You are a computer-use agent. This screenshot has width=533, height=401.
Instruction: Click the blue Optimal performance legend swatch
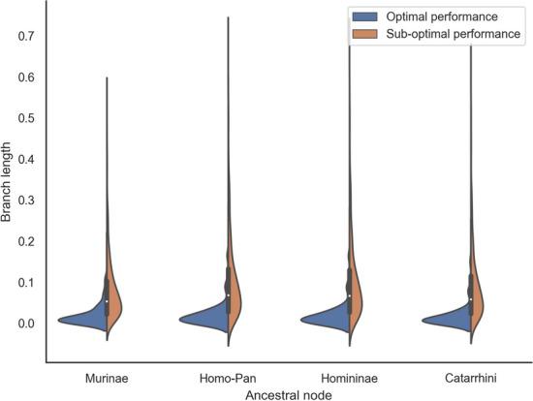tap(369, 17)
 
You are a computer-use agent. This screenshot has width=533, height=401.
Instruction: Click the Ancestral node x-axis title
tap(289, 393)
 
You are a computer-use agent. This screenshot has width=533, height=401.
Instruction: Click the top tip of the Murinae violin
tap(107, 78)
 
